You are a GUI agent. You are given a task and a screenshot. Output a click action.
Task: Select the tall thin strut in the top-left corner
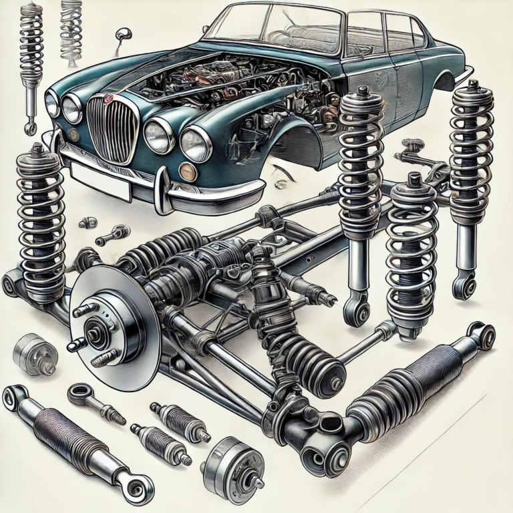[x=30, y=60]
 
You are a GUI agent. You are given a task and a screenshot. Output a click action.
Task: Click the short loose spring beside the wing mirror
[x=70, y=27]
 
